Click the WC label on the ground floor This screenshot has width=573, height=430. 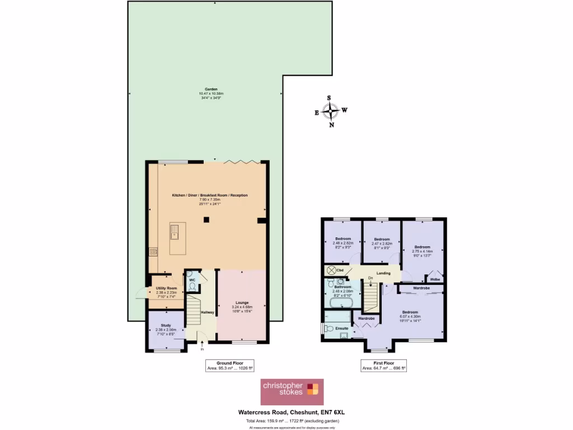pos(192,279)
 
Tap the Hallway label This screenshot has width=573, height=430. pos(208,312)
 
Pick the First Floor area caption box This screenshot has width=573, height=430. pos(383,366)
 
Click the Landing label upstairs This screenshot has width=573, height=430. pos(383,273)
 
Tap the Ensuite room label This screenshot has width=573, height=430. pos(341,328)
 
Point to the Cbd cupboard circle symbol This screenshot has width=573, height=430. pos(331,270)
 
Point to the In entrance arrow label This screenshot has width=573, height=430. pos(203,349)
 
